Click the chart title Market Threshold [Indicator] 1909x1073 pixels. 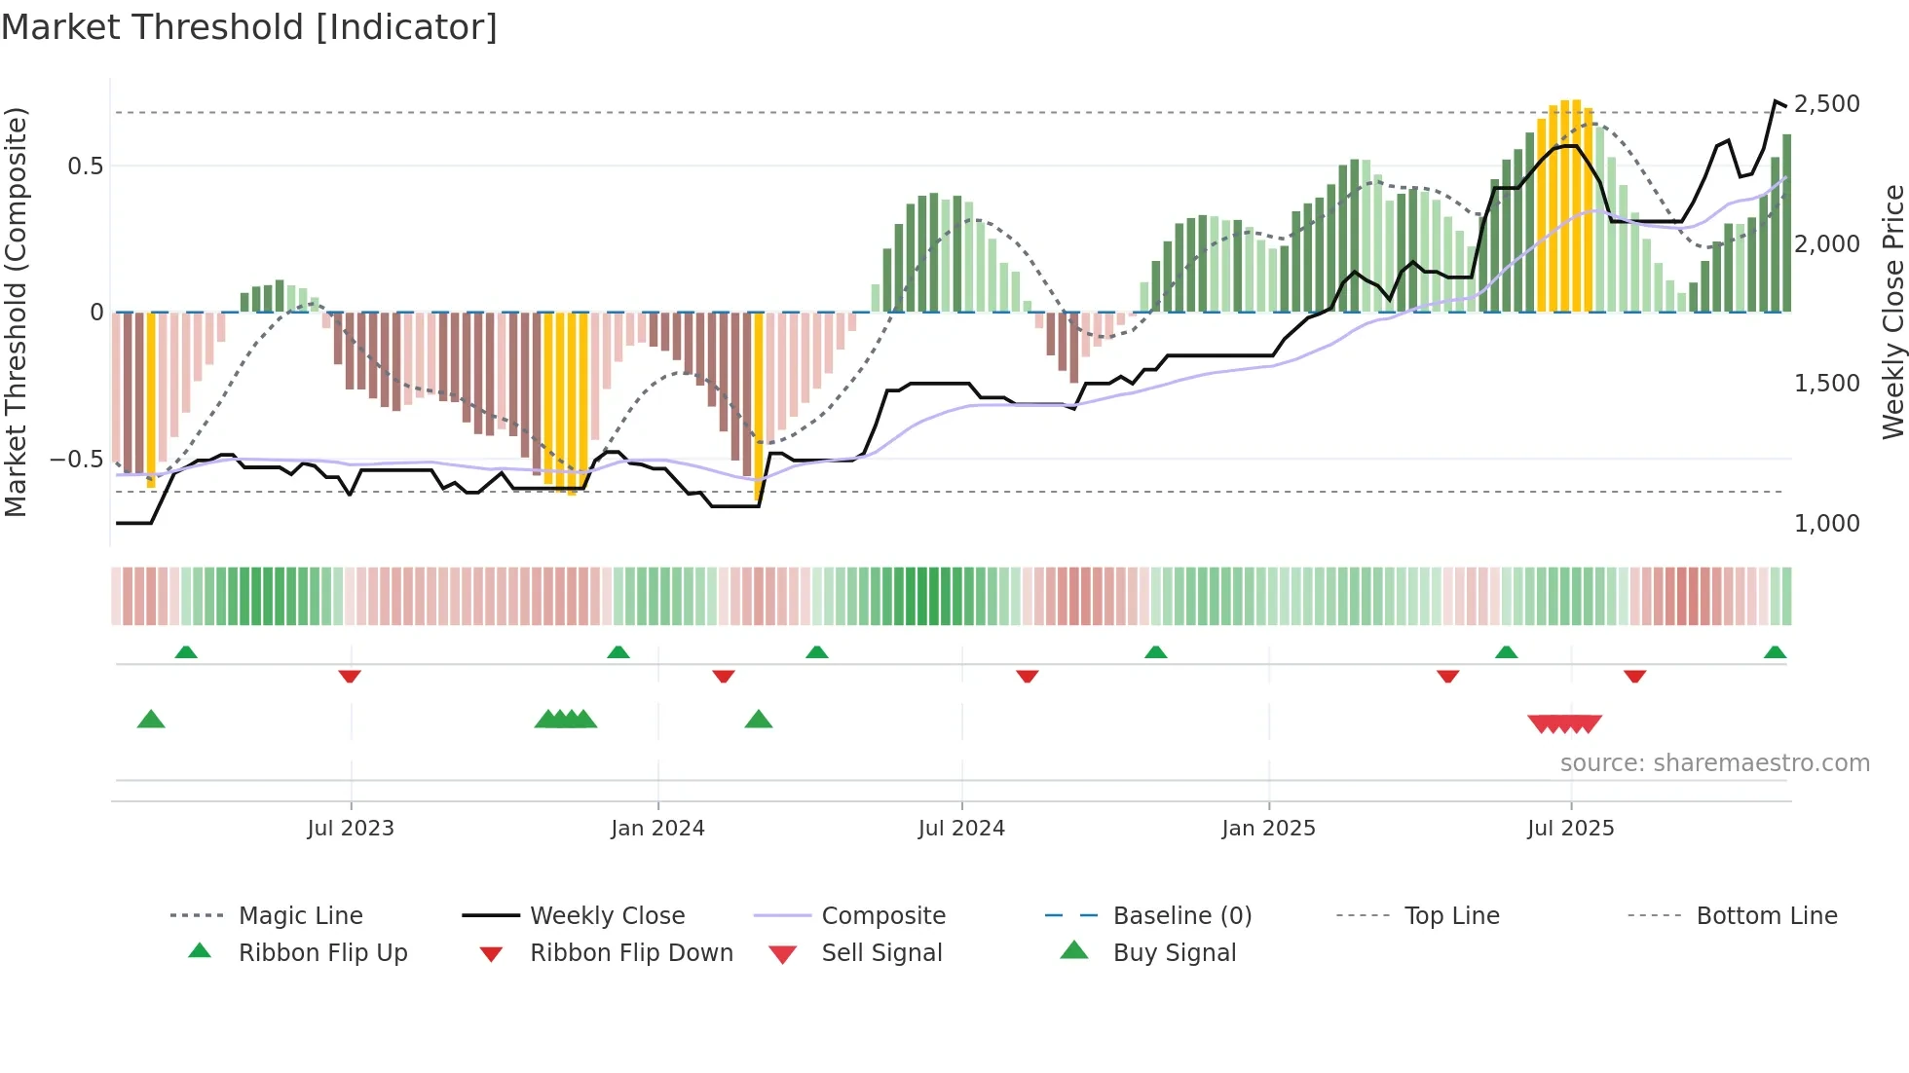tap(249, 27)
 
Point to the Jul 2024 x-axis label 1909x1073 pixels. tap(961, 828)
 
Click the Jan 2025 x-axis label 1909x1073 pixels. tap(1268, 828)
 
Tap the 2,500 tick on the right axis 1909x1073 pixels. tap(1826, 104)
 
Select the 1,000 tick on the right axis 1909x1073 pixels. tap(1826, 524)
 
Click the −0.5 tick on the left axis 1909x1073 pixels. tap(77, 459)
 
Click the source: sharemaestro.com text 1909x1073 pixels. tap(1714, 762)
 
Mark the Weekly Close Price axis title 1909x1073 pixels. tap(1892, 312)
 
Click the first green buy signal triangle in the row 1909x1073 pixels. tap(151, 720)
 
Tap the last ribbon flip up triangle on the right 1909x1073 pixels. tap(1775, 652)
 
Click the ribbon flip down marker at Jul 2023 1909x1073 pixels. tap(350, 676)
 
